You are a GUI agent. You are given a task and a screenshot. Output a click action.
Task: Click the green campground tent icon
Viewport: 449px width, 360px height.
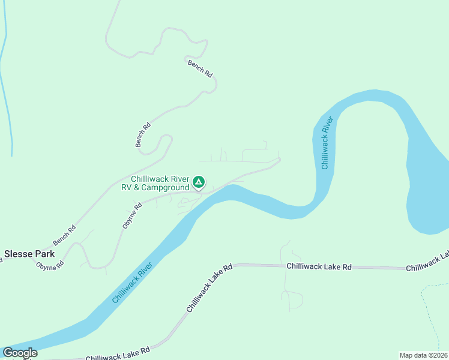click(199, 182)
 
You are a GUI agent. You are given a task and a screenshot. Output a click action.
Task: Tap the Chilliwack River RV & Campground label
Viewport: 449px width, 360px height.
click(156, 184)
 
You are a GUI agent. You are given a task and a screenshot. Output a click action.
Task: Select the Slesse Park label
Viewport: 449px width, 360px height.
click(29, 254)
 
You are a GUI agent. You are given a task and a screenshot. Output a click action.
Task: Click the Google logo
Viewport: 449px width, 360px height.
click(20, 353)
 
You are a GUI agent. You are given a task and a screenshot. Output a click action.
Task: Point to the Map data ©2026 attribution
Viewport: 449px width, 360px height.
click(423, 355)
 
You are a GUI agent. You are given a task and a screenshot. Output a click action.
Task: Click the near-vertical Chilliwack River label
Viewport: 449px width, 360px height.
click(326, 143)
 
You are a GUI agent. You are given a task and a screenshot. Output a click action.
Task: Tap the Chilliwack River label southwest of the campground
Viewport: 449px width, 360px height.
click(133, 281)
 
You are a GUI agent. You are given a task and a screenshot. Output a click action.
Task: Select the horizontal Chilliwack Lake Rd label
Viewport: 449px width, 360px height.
click(319, 266)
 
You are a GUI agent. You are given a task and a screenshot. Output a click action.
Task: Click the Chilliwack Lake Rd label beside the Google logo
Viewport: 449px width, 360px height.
click(118, 354)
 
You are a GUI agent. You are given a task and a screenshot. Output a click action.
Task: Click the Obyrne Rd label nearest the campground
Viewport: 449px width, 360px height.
click(132, 215)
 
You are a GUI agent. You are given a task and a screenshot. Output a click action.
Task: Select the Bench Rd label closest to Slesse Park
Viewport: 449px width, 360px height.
click(64, 235)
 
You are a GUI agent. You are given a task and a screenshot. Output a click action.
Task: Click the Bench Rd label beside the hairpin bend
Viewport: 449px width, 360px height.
click(143, 134)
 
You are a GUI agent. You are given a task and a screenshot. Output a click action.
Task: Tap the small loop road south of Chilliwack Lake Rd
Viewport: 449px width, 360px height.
click(294, 298)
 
